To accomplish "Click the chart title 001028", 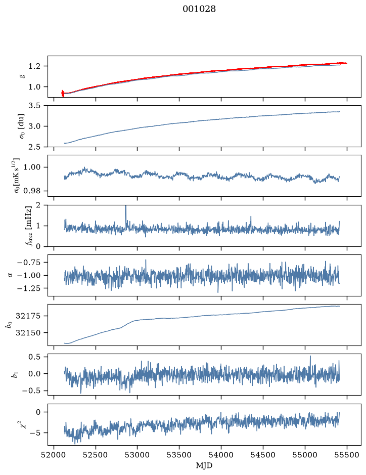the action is point(199,9).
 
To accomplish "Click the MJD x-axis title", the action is point(204,465).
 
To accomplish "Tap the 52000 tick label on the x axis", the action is point(54,455).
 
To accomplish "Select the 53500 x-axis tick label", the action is point(179,455).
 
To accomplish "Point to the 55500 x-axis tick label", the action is point(347,455).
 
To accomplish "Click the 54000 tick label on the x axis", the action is point(221,455).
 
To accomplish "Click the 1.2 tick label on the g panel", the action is point(34,66).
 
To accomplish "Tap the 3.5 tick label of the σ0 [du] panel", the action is point(34,106).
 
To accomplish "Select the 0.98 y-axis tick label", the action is point(31,191).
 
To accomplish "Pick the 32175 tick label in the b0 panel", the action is point(28,316).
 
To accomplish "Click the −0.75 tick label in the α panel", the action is point(28,263).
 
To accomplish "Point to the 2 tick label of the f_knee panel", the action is point(37,205).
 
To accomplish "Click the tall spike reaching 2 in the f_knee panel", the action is point(126,215).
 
